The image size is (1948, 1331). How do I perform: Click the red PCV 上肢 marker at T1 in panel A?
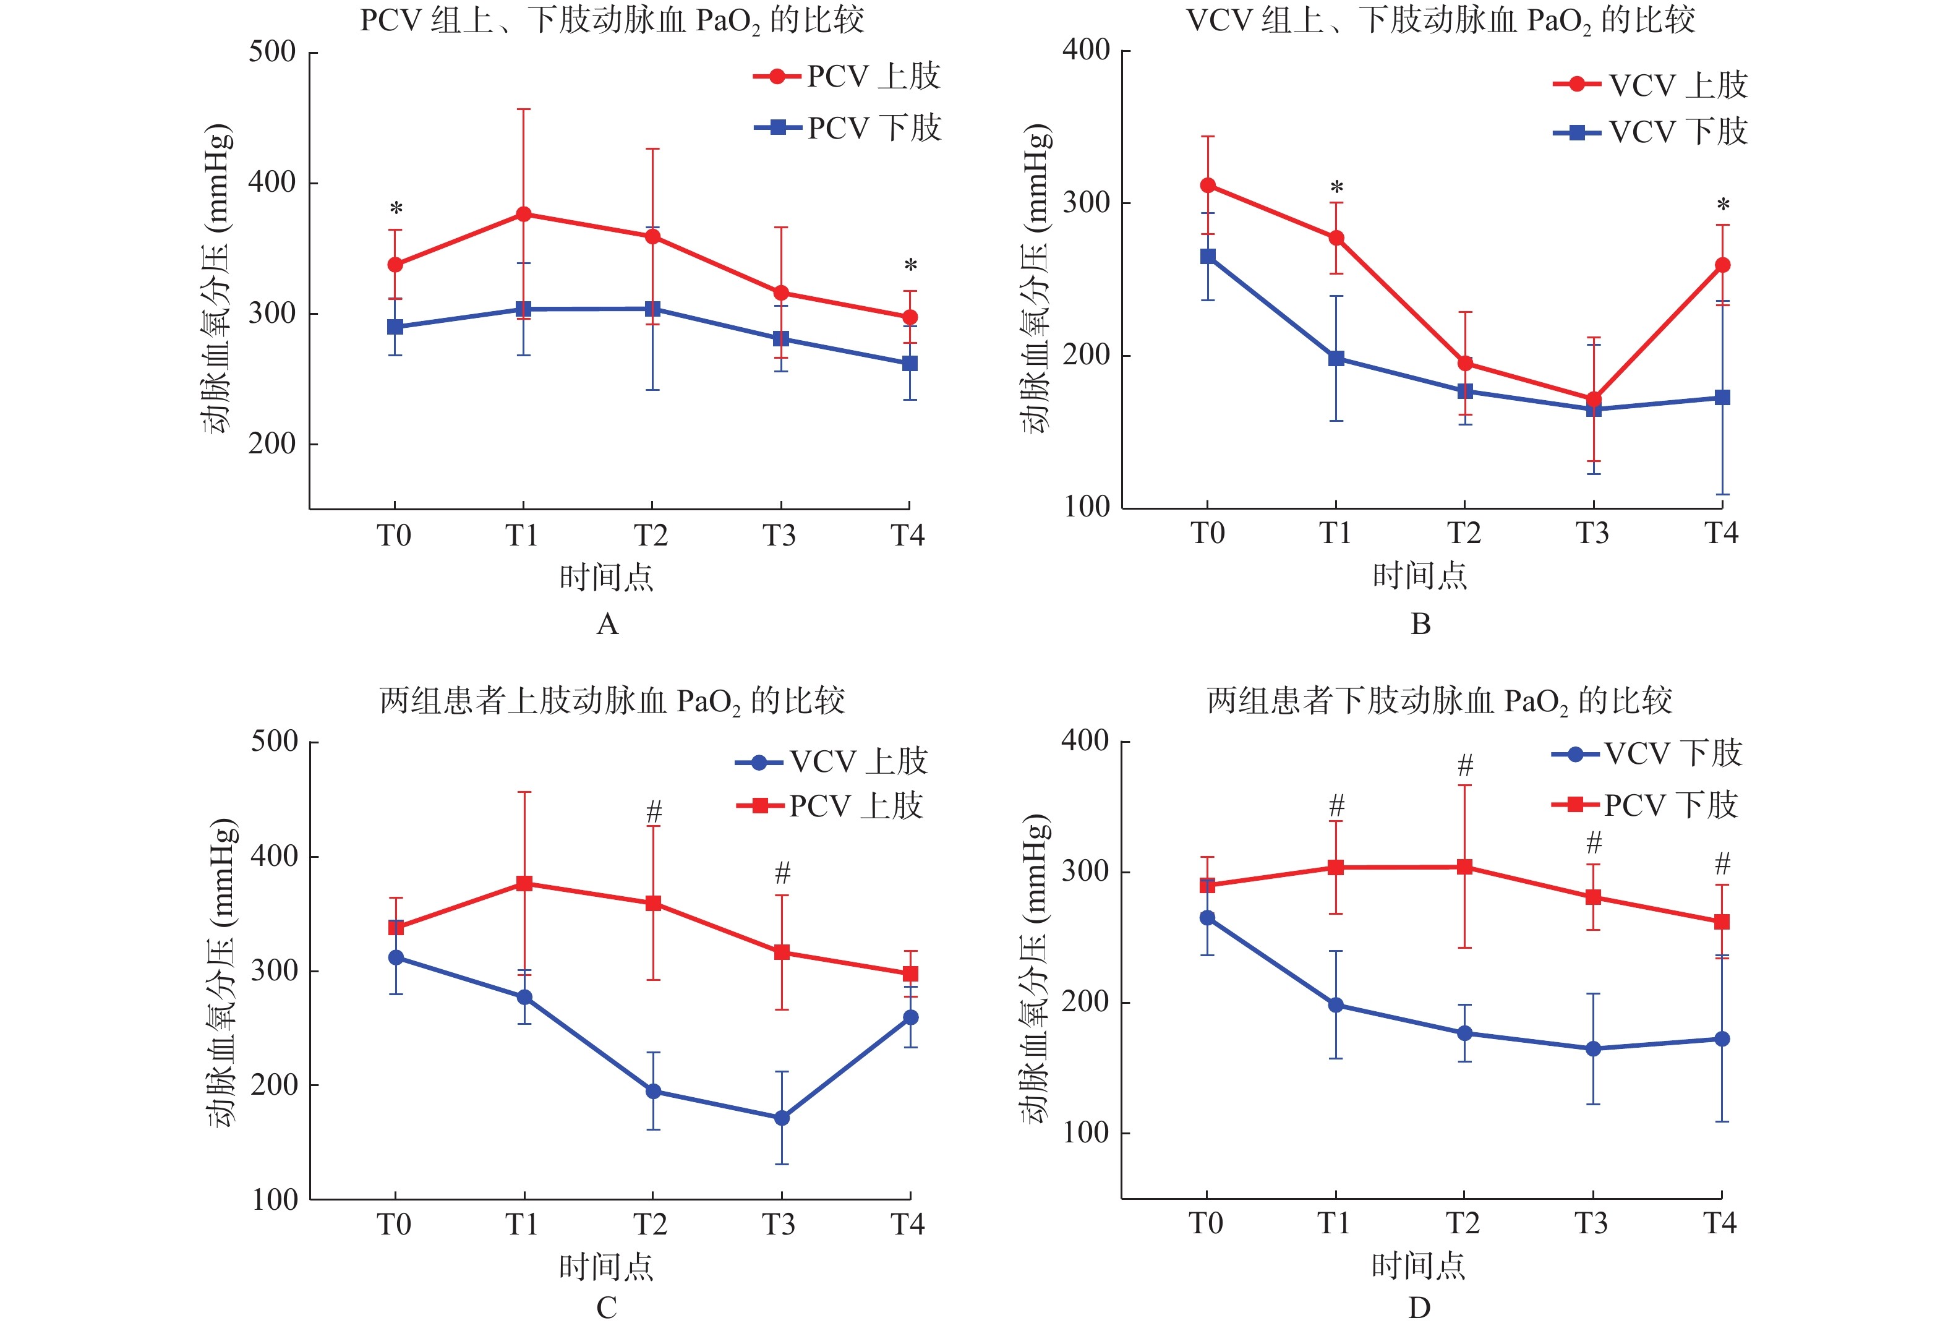523,215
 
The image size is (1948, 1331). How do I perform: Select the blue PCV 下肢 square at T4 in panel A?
910,363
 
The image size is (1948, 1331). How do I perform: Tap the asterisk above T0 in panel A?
396,208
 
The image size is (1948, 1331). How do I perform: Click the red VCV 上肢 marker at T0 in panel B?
1208,185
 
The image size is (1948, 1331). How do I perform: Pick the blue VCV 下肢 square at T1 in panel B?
1336,359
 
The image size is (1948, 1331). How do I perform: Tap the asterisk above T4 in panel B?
1722,205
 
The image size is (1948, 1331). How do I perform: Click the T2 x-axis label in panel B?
1464,533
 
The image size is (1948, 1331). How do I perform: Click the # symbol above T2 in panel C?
654,811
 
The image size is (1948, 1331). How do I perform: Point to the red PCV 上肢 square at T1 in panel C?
524,883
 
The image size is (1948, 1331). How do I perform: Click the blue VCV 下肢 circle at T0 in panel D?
1207,918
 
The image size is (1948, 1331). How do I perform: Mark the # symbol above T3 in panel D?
1594,842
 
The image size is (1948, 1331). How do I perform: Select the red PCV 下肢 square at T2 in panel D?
1464,867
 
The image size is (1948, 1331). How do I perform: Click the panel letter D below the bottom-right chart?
1419,1307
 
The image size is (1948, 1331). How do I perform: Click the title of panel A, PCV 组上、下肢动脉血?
612,20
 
